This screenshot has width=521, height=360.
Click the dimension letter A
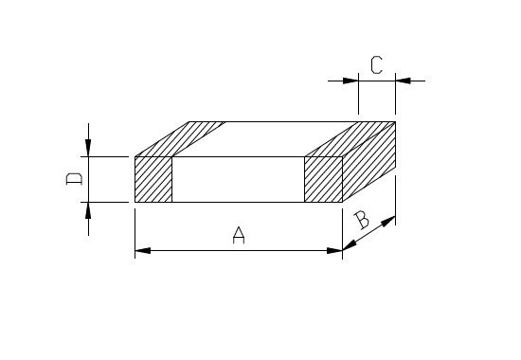click(239, 235)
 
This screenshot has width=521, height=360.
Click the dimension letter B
click(361, 220)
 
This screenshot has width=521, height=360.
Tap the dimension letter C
click(376, 64)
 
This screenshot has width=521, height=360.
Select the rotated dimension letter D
click(74, 179)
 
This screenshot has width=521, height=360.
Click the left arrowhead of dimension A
click(142, 250)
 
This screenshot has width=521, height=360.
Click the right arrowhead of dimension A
click(334, 250)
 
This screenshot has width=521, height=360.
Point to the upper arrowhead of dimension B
click(388, 221)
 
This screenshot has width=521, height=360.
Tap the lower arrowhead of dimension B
click(350, 245)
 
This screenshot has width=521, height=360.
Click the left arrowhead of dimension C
click(350, 81)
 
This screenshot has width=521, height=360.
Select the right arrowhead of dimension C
click(403, 81)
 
